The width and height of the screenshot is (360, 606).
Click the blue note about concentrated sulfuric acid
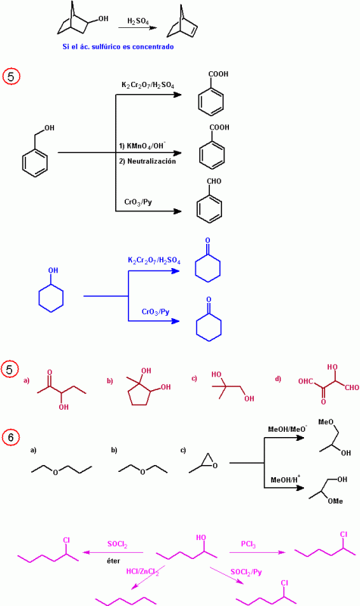click(118, 47)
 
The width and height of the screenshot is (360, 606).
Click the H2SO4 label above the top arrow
click(138, 21)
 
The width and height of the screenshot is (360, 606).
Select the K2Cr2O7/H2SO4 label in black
click(148, 85)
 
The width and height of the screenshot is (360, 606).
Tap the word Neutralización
click(152, 161)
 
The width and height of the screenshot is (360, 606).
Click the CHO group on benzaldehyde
click(214, 181)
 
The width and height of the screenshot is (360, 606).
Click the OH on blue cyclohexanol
click(53, 270)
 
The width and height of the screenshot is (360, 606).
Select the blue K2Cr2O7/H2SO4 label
click(155, 261)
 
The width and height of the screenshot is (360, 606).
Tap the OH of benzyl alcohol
click(49, 128)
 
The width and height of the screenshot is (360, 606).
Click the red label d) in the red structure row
click(277, 379)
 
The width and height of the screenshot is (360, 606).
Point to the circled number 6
click(11, 437)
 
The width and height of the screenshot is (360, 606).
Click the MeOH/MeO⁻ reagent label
click(288, 429)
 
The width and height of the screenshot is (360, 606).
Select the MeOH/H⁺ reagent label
click(286, 479)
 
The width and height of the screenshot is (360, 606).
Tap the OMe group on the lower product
click(335, 501)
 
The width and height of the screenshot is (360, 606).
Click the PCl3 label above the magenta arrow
click(249, 545)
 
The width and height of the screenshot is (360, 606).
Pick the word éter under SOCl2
click(113, 561)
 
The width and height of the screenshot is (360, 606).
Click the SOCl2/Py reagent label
click(246, 572)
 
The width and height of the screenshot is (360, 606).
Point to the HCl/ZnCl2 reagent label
click(142, 571)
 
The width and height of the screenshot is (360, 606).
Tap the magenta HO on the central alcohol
click(201, 538)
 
